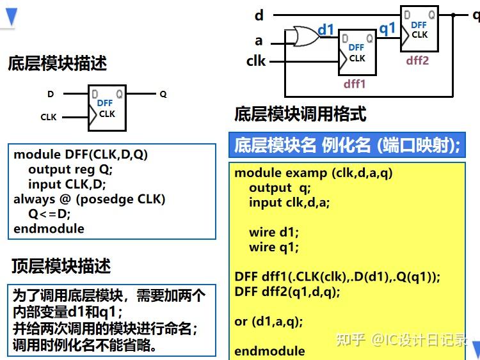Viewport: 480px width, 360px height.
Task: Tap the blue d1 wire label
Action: point(326,29)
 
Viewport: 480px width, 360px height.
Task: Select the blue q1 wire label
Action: point(387,29)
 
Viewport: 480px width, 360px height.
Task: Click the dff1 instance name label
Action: point(355,84)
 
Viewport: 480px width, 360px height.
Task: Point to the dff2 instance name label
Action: point(417,61)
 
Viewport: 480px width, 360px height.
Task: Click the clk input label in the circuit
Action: point(256,61)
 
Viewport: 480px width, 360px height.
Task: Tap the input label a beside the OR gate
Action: point(259,41)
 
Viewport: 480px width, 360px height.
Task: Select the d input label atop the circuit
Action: point(259,15)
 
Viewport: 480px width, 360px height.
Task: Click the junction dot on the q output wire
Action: point(453,15)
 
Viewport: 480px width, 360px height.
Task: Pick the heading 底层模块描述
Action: point(57,63)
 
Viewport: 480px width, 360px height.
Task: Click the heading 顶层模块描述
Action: point(61,265)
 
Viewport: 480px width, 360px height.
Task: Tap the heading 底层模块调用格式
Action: point(300,114)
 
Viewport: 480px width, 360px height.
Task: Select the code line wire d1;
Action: point(274,232)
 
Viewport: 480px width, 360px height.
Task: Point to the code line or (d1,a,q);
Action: point(268,322)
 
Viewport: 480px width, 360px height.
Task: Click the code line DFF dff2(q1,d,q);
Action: point(287,292)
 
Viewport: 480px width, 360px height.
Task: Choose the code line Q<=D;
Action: point(49,214)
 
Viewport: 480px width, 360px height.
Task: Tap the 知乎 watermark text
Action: point(351,339)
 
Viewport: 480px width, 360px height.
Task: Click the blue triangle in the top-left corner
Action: point(12,17)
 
